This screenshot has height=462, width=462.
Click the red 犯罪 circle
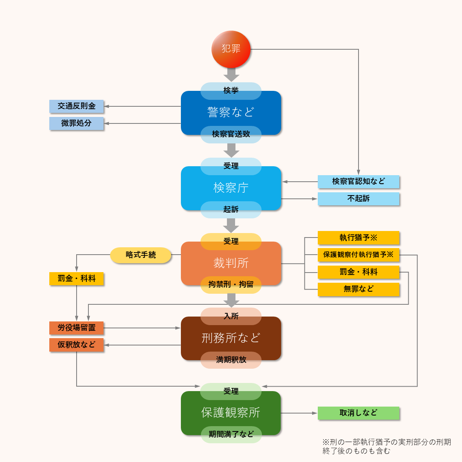[231, 49]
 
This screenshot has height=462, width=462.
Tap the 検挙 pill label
[231, 90]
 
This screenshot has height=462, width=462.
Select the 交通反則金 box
[77, 106]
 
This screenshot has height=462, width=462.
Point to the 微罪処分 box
[77, 123]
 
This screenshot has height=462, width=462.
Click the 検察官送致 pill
[231, 134]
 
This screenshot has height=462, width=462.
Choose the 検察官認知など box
[359, 182]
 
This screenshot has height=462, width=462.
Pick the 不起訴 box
[359, 199]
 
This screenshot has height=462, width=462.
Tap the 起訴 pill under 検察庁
[231, 209]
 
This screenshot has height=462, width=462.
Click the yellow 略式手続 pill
[141, 255]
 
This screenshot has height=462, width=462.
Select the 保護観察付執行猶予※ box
[359, 255]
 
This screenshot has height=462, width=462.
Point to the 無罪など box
[359, 289]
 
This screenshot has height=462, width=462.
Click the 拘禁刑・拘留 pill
[231, 284]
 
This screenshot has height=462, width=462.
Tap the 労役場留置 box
[77, 328]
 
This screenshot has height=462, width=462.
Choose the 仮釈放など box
[77, 345]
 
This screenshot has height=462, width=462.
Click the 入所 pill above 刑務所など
[231, 316]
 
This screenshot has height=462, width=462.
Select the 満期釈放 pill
[231, 360]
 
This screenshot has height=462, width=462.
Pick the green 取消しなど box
[359, 413]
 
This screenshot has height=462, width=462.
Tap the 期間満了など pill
[231, 434]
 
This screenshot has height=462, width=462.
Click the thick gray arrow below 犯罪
[231, 75]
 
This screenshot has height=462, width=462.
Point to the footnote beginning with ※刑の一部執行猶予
[387, 447]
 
